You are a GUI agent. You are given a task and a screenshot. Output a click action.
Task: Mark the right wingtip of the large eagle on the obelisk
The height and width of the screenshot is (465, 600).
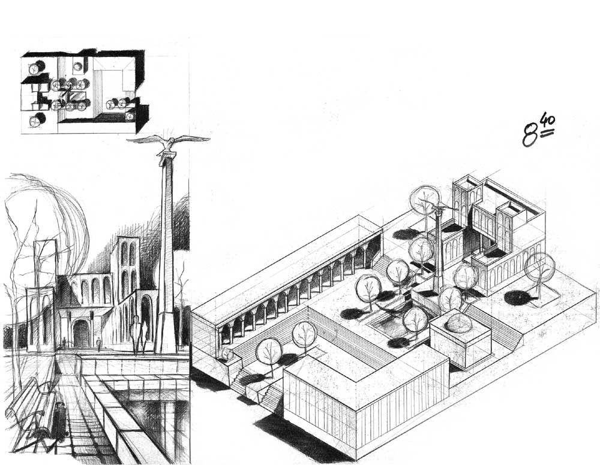pyautogui.click(x=209, y=138)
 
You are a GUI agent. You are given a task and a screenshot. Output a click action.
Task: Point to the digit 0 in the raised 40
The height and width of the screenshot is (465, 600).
pyautogui.click(x=552, y=122)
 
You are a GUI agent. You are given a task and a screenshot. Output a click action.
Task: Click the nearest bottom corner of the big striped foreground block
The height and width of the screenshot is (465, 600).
pyautogui.click(x=356, y=460)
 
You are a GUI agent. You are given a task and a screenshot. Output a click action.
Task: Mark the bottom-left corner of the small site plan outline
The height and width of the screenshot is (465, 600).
pyautogui.click(x=22, y=134)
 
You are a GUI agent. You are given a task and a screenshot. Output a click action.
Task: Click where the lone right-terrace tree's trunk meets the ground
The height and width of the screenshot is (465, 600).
pyautogui.click(x=538, y=297)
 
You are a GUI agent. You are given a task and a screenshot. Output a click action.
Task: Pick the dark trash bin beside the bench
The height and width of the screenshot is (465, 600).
pyautogui.click(x=59, y=419)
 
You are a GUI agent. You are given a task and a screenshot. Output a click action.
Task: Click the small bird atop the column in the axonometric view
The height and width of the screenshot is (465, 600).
pyautogui.click(x=439, y=209)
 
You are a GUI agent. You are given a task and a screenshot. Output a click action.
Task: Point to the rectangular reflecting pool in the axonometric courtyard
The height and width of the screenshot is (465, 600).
pyautogui.click(x=387, y=327)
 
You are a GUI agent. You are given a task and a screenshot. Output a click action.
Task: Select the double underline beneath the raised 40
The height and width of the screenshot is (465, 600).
pyautogui.click(x=548, y=132)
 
